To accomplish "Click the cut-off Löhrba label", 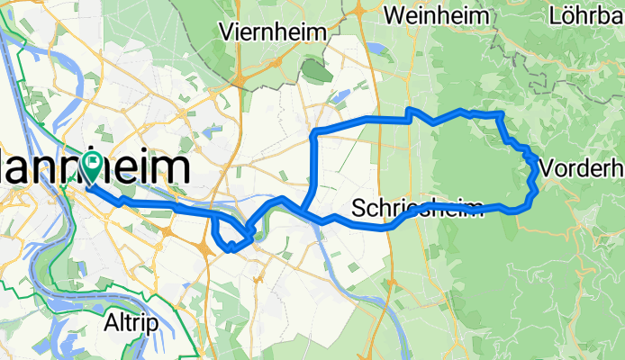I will tap(586, 15).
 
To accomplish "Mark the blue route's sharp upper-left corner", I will tap(314, 132).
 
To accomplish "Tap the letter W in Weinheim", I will tap(394, 15).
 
